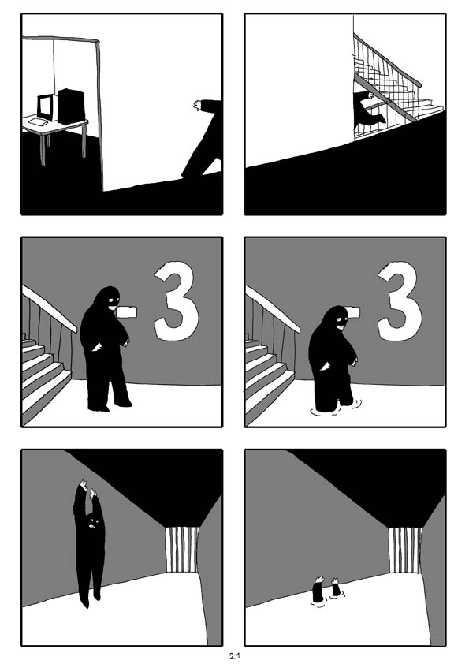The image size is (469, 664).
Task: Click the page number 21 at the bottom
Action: (x=234, y=655)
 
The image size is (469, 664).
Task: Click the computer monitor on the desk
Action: (x=45, y=106)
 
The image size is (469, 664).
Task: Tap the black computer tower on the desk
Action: (x=70, y=106)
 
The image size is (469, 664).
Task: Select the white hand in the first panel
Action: (x=197, y=104)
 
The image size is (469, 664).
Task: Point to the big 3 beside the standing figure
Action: (x=176, y=301)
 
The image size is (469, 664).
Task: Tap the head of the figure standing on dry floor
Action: (x=107, y=300)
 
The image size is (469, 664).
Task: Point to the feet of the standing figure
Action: (x=109, y=406)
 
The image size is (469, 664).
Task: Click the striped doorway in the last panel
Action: (x=404, y=550)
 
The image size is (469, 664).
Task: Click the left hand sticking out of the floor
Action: (x=318, y=590)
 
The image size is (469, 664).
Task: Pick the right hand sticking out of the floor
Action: (x=336, y=588)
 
